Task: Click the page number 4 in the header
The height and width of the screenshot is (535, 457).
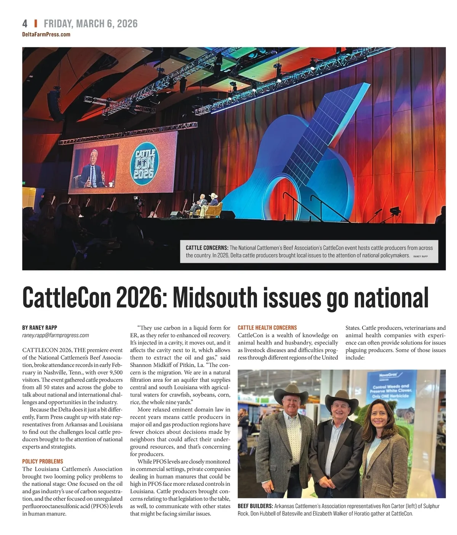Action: (x=25, y=24)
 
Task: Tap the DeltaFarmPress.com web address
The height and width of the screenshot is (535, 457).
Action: (x=46, y=34)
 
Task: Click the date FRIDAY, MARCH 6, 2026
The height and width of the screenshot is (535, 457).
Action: (x=91, y=24)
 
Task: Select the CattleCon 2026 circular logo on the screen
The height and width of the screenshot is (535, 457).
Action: (x=144, y=164)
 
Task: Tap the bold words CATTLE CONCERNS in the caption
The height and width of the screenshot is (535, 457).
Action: (x=207, y=248)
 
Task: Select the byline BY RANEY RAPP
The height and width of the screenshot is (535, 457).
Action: (x=40, y=327)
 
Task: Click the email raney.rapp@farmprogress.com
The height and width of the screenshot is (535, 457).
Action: (x=56, y=335)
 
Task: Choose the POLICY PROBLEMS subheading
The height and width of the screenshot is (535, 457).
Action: (x=43, y=462)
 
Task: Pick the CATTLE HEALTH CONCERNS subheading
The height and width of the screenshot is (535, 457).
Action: (x=267, y=327)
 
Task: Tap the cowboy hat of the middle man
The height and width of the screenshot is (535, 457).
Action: (x=341, y=399)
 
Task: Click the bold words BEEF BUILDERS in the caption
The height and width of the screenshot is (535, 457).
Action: (x=255, y=506)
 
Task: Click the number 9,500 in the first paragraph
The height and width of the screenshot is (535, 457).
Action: (x=113, y=372)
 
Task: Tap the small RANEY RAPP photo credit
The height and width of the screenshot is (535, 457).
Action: (x=420, y=256)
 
